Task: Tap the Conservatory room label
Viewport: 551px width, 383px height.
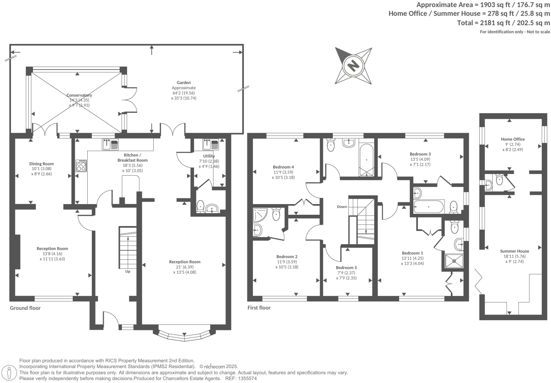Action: click(x=79, y=95)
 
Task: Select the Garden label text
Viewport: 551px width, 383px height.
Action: click(x=184, y=83)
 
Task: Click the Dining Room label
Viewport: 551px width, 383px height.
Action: click(x=42, y=164)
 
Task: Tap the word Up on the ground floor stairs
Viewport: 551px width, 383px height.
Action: click(x=128, y=272)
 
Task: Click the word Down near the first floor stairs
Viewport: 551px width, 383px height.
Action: click(x=342, y=207)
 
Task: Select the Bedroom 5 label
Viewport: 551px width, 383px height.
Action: click(x=346, y=268)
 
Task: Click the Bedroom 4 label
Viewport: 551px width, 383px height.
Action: click(x=283, y=167)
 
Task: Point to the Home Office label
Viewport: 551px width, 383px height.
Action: click(x=513, y=139)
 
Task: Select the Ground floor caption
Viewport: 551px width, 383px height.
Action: click(x=25, y=308)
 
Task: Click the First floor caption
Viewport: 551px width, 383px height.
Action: click(x=259, y=308)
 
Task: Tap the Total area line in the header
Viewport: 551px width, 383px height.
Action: click(x=503, y=23)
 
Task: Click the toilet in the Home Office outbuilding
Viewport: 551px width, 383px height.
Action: click(x=500, y=179)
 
